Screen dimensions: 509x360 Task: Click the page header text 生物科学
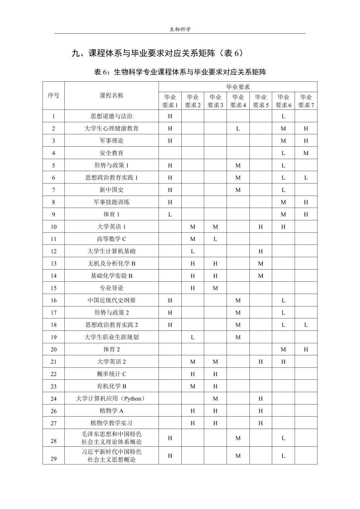point(180,29)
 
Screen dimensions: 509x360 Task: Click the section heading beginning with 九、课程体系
point(157,53)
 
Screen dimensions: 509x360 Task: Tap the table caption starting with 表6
point(180,72)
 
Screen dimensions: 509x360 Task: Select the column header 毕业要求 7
point(306,101)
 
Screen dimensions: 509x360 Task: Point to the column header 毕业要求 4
point(238,101)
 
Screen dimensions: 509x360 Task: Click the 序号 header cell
point(53,95)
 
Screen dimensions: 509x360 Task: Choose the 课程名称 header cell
point(112,95)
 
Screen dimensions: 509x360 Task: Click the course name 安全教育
point(112,153)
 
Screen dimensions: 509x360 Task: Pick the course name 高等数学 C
point(112,239)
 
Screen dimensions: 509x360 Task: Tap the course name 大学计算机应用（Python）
point(112,398)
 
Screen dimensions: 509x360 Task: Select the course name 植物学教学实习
point(112,423)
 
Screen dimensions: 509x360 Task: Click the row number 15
point(54,288)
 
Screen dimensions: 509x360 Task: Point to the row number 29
point(54,459)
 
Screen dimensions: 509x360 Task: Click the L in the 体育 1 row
point(170,214)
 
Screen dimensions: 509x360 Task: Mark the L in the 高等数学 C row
point(215,239)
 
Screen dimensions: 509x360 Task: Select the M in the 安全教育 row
point(306,153)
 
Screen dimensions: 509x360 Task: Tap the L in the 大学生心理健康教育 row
point(238,128)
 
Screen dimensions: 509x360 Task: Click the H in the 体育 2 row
point(306,350)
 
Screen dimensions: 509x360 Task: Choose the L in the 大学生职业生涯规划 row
point(193,337)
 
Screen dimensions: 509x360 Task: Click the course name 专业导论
point(112,288)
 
